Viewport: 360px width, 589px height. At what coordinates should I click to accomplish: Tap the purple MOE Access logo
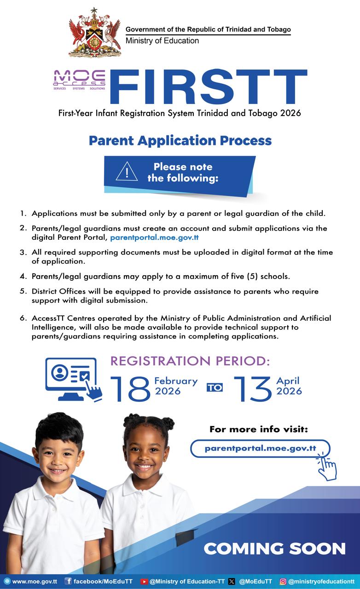coord(79,79)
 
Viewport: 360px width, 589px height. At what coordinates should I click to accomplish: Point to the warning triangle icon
coord(127,172)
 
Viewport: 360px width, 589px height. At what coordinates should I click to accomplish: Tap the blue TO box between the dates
coord(215,387)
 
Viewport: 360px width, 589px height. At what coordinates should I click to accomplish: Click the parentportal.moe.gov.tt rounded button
coord(260,448)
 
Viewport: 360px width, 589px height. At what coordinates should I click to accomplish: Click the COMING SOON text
coord(274,549)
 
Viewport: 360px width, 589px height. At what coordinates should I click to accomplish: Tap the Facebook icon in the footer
coord(68,581)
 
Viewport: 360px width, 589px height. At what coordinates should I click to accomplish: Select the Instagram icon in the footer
coord(283,581)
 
